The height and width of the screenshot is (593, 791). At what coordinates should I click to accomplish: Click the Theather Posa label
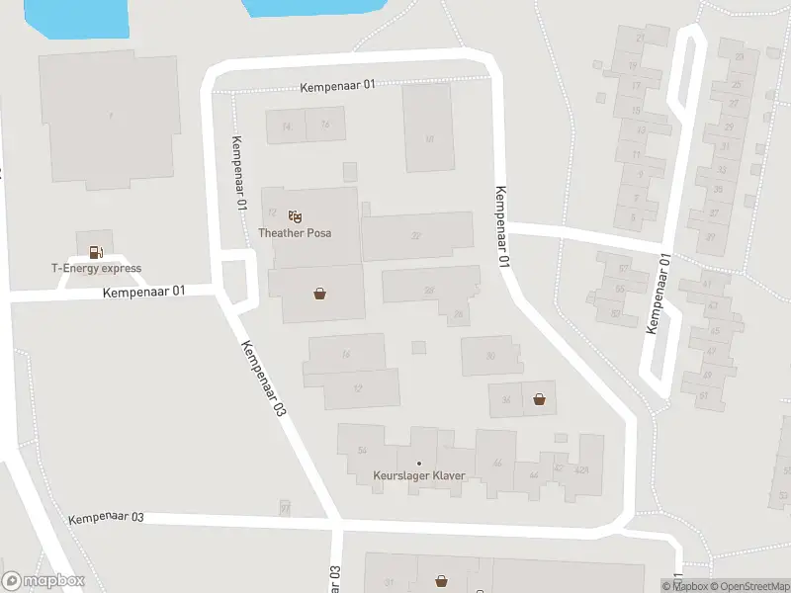click(x=295, y=233)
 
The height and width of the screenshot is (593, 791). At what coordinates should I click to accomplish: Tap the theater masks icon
click(x=295, y=216)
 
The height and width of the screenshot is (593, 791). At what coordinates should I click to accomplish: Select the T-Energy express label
click(x=96, y=268)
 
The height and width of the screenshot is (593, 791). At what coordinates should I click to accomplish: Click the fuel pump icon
click(x=95, y=252)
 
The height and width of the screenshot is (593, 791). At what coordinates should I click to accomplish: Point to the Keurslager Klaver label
click(x=419, y=476)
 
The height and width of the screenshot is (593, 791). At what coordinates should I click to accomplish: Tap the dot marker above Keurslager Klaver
click(x=419, y=463)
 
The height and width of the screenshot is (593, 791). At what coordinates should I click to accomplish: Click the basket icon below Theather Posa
click(x=320, y=294)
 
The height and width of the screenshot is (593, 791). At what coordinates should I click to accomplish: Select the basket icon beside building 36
click(x=540, y=399)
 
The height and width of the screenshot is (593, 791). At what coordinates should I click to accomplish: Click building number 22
click(x=416, y=235)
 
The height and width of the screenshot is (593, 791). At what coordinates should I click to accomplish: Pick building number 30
click(x=490, y=356)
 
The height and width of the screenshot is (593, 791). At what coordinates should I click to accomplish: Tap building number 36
click(x=506, y=400)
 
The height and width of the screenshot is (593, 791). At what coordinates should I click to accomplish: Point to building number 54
click(x=362, y=451)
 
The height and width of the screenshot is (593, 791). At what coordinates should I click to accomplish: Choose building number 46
click(x=497, y=463)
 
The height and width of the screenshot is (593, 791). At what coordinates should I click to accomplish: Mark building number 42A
click(x=582, y=469)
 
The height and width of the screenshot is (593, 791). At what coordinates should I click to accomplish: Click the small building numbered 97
click(x=285, y=508)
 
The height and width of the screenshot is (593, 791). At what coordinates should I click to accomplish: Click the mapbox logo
click(x=44, y=581)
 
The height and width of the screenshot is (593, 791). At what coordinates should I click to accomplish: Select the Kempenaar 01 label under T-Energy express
click(x=143, y=292)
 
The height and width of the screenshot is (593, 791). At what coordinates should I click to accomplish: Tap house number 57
click(x=623, y=269)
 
